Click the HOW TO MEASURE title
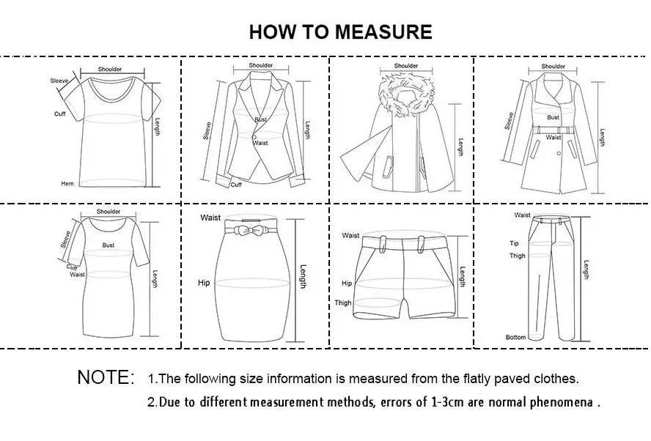tap(340, 31)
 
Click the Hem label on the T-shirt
tap(67, 184)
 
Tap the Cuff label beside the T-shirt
tap(60, 114)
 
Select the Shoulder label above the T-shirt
tap(110, 69)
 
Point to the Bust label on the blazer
tap(261, 119)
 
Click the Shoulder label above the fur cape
tap(406, 66)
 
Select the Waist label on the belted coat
tap(553, 137)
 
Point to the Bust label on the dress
tap(108, 245)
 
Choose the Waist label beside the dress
tap(78, 275)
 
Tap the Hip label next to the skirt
tap(204, 282)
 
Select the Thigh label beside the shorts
tap(343, 303)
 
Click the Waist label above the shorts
tap(351, 235)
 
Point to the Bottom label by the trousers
tap(515, 337)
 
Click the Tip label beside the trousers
tap(514, 243)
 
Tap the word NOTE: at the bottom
tap(106, 378)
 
